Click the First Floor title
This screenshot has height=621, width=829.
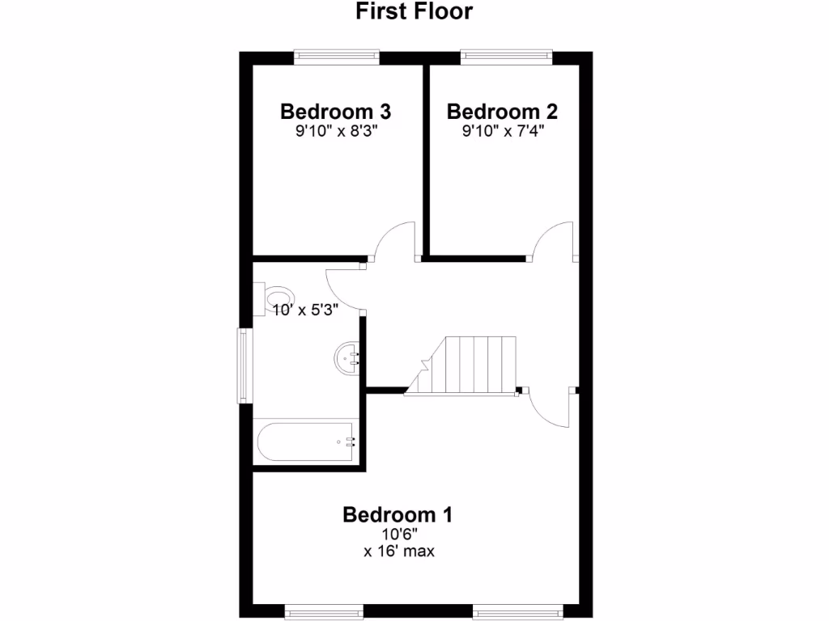click(x=414, y=11)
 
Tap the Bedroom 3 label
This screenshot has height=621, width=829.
click(x=336, y=111)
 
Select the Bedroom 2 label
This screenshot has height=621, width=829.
click(x=502, y=111)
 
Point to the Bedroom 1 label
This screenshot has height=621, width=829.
click(x=397, y=514)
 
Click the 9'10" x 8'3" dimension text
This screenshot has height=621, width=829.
click(x=337, y=131)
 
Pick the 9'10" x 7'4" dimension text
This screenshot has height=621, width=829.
click(x=502, y=131)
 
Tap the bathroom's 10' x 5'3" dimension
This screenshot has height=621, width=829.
click(x=304, y=308)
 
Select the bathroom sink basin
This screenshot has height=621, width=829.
click(x=347, y=357)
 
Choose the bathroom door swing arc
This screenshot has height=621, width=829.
click(x=343, y=288)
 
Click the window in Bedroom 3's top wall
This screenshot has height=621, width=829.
click(x=337, y=57)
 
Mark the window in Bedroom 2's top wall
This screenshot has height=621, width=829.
click(x=507, y=57)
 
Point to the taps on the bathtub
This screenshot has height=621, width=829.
click(x=351, y=441)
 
